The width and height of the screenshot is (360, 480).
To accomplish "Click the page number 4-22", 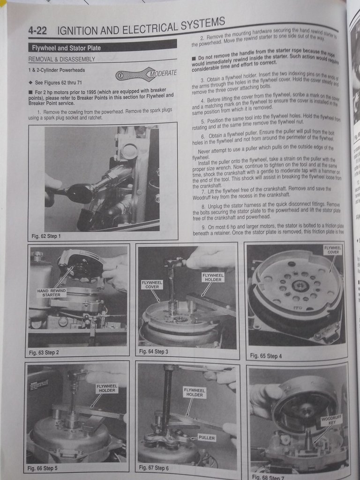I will pos(38,31).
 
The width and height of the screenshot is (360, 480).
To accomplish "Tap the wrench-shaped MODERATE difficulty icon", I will pos(147,74).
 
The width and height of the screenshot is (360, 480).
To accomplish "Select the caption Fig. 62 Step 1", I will pos(46,236).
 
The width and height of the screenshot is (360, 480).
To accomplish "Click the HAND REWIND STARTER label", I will pos(52,293).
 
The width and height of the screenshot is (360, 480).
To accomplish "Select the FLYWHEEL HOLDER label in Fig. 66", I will pos(107,388).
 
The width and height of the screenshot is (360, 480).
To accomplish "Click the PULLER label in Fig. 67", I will pos(206,437).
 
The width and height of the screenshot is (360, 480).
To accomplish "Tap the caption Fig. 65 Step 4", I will pos(266,356).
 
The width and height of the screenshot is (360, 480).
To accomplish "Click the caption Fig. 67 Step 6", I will pos(154,467).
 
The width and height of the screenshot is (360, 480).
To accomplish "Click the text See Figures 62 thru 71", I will pos(58,82).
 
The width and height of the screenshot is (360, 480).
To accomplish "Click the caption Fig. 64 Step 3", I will pos(154,351).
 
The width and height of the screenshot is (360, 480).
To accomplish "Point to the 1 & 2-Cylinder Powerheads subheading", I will pos(56,70).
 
